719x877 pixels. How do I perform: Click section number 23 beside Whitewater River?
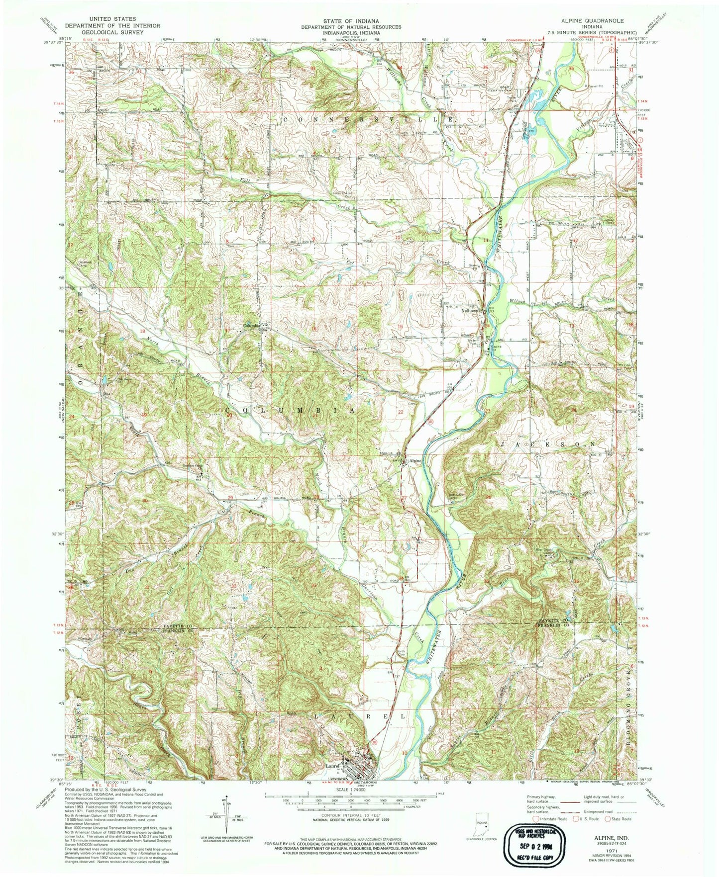click(488, 411)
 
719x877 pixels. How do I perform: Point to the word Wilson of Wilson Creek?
click(517, 301)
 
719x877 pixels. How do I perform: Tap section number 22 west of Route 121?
click(400, 412)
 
